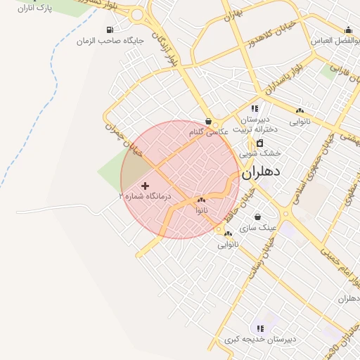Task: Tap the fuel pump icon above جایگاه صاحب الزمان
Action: [x=110, y=30]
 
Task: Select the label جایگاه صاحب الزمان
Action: [x=110, y=41]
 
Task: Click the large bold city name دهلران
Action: [x=262, y=172]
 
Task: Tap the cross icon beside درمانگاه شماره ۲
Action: [x=146, y=186]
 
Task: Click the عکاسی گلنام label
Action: [x=208, y=131]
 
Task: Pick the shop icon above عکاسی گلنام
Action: [x=208, y=121]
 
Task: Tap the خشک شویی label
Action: [x=260, y=152]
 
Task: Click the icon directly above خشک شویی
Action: [x=260, y=143]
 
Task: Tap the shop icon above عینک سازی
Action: [x=257, y=217]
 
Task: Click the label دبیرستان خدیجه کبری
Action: [x=261, y=340]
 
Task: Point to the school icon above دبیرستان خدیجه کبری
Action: [x=261, y=328]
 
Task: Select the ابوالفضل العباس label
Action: [x=336, y=41]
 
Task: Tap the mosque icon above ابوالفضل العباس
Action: [x=349, y=30]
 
